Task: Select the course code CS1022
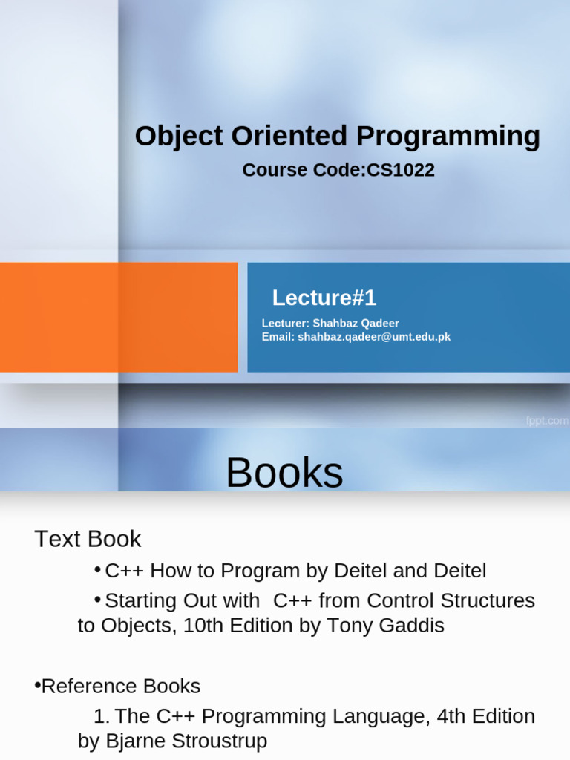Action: tap(400, 170)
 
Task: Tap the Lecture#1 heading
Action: tap(324, 298)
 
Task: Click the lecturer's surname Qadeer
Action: tap(380, 324)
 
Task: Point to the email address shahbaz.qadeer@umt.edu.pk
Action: tap(374, 337)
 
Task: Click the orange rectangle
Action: tap(119, 318)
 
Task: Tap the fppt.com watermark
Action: tap(547, 421)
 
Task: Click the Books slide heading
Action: tap(284, 472)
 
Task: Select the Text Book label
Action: tap(88, 539)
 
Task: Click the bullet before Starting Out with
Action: tap(97, 600)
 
